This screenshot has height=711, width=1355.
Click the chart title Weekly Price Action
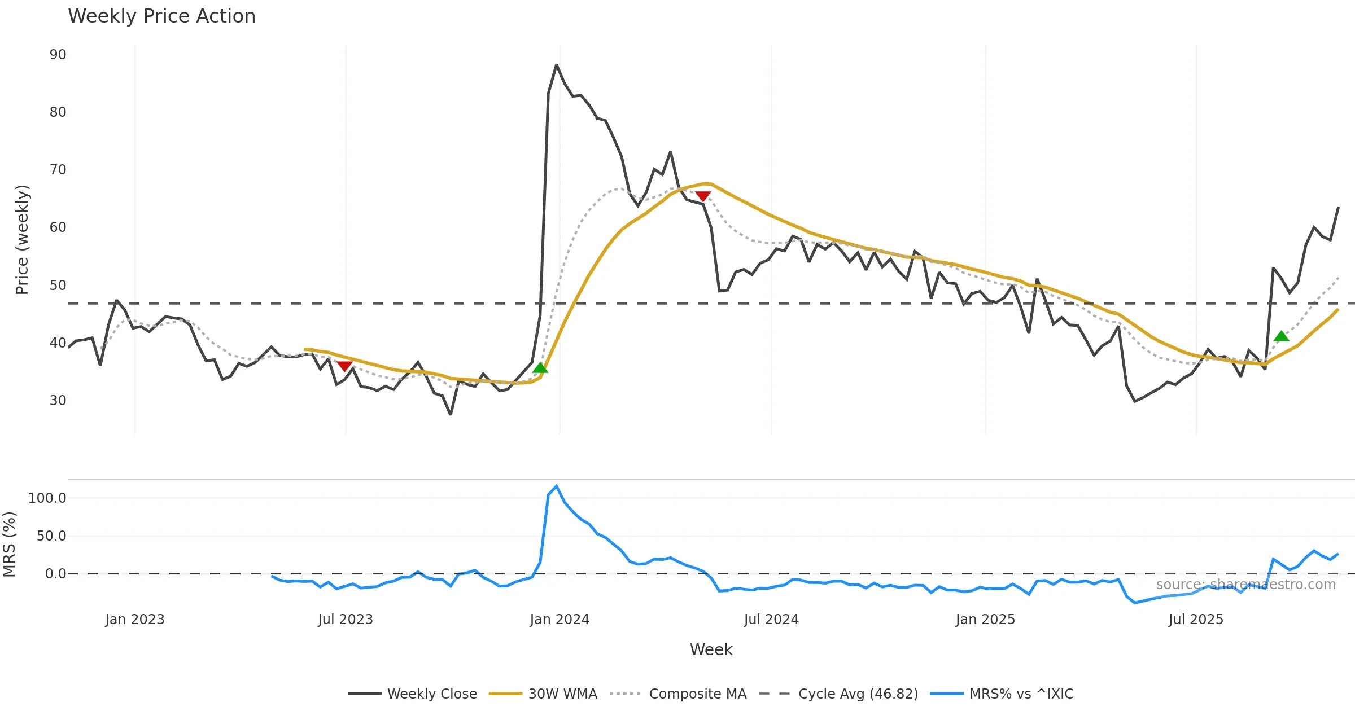161,16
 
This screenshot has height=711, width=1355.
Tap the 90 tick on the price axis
58,55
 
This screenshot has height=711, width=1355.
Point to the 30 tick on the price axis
58,401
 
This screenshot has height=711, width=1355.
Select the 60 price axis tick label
58,227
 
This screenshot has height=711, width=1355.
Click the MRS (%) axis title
9,544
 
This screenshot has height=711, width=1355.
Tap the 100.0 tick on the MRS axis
47,498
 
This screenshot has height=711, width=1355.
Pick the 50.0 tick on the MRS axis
51,536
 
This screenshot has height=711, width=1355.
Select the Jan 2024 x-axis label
559,620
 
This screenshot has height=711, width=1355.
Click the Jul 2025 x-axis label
1196,620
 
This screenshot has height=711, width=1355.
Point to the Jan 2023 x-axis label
134,620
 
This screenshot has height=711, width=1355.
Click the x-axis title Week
711,649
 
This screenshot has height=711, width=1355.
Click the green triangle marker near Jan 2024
540,368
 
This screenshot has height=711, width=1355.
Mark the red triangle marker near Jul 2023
344,366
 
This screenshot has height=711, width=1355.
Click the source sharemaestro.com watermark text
1245,585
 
